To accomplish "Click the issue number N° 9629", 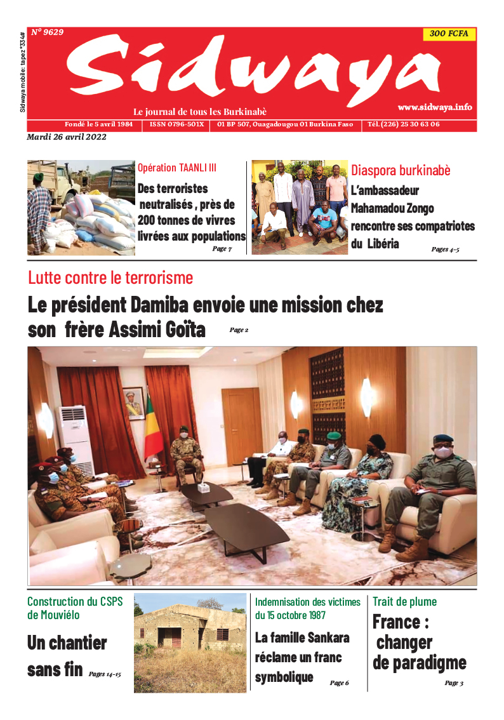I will [x=47, y=32].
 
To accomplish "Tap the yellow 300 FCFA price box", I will [x=449, y=34].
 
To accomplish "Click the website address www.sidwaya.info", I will [x=435, y=107].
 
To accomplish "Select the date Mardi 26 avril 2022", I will [x=67, y=137].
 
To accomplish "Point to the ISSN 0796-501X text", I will [x=176, y=124].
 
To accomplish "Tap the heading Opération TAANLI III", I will [x=177, y=168].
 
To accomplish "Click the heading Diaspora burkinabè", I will [x=401, y=170].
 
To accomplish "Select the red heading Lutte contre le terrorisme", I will [x=110, y=277].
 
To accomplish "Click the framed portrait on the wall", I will [x=133, y=403].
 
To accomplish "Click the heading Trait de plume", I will [x=404, y=601].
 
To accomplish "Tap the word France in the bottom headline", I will [x=396, y=622].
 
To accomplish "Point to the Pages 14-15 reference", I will [x=104, y=674].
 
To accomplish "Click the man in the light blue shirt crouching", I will [x=323, y=219].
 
